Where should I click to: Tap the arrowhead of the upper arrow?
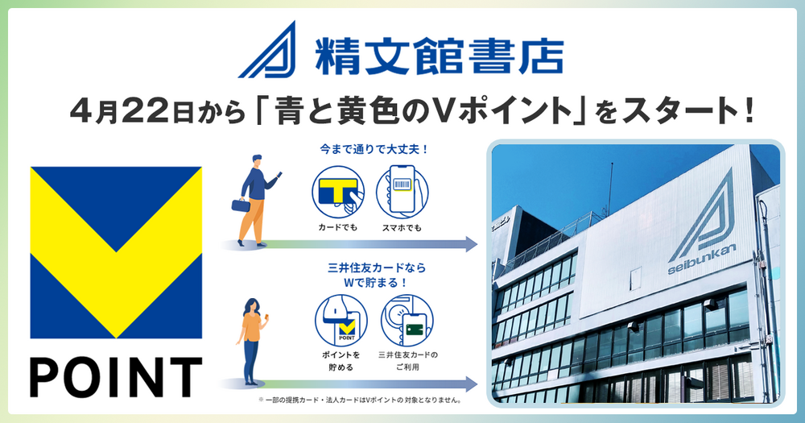[x=471, y=244]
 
